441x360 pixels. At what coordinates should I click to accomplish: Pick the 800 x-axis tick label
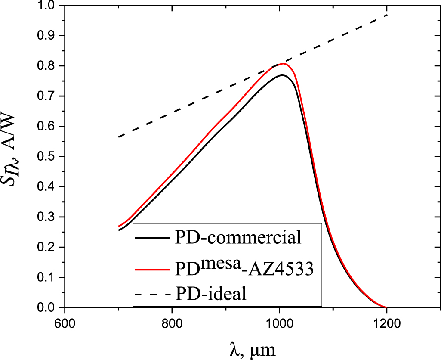[172, 323]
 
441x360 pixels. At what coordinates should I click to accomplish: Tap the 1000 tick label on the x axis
[279, 323]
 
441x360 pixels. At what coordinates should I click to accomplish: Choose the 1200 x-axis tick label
[386, 323]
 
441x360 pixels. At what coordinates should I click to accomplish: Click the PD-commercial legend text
[238, 238]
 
